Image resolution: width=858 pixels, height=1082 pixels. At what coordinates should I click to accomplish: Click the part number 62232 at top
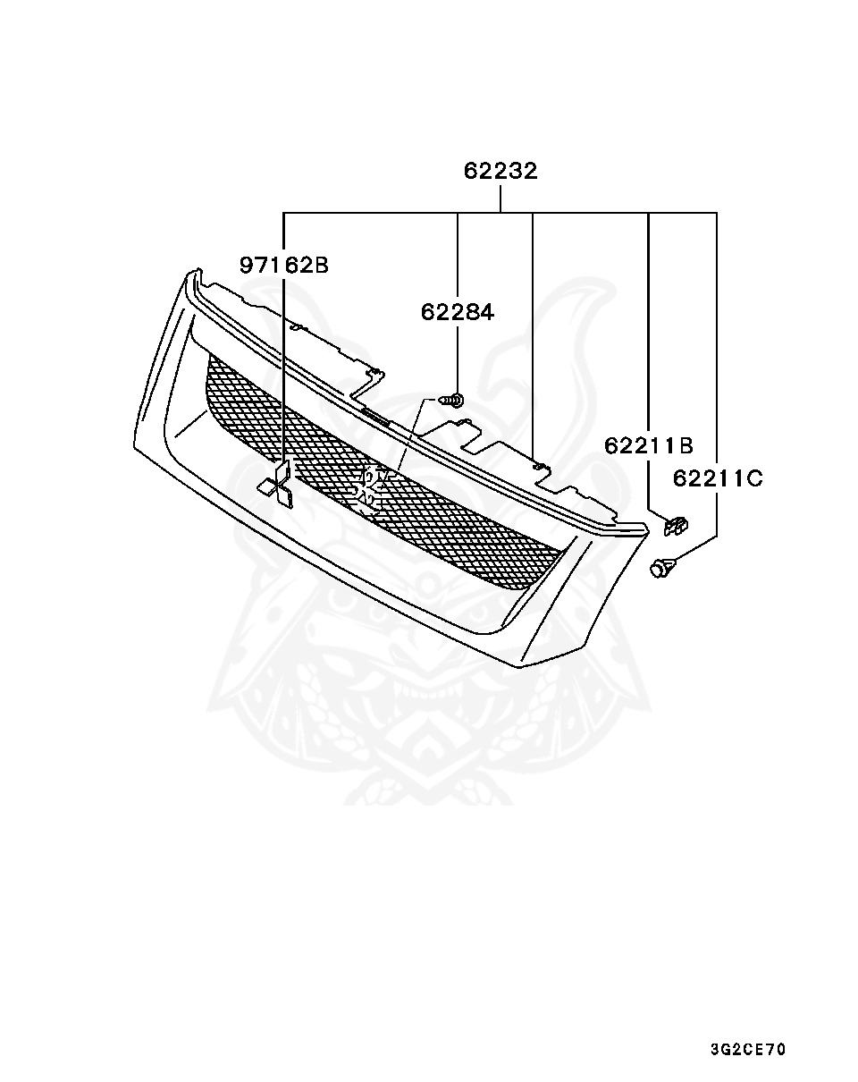500,171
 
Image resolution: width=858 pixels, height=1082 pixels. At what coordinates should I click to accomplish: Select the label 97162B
283,265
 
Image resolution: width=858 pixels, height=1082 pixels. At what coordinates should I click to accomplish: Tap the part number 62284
457,312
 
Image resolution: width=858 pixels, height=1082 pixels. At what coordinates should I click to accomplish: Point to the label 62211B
648,445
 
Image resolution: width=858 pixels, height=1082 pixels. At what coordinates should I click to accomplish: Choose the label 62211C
717,478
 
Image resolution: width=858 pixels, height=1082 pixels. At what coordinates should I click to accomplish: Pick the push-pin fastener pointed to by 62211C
661,566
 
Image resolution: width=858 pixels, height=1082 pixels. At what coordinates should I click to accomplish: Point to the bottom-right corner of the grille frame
518,666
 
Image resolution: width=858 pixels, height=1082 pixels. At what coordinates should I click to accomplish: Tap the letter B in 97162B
321,265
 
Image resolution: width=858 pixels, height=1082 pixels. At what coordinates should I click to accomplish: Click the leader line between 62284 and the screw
457,358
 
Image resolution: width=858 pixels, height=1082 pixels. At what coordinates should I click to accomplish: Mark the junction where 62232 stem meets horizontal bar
500,213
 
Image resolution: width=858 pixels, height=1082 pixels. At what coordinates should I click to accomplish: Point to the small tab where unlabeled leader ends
536,465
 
